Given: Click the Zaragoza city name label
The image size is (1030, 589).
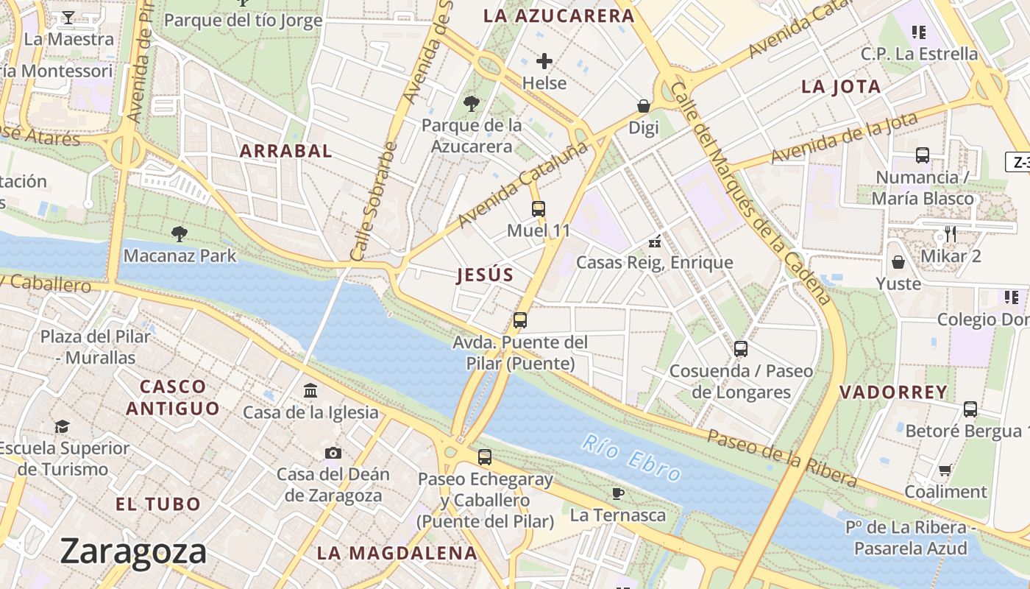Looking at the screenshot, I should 133,551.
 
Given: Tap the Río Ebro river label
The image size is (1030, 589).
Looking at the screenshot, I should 632,457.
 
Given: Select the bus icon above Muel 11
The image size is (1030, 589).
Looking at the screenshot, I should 539,209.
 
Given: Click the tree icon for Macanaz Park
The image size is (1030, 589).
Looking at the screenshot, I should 179,234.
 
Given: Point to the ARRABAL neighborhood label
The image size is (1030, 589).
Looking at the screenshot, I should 286,151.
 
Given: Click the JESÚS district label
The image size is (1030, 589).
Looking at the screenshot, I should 485,275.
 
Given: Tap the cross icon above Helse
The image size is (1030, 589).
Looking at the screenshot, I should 544,61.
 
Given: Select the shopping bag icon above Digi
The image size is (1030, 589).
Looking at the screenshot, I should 644,107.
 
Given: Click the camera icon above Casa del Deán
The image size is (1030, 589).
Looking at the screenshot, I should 333,453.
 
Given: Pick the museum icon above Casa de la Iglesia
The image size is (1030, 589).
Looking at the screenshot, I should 310,390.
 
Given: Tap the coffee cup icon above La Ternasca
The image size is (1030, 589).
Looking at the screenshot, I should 618,493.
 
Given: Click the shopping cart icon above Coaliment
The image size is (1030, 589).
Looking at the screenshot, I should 945,470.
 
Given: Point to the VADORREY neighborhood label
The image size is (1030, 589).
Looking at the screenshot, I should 893,392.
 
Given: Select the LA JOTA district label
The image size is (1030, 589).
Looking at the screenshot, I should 841,87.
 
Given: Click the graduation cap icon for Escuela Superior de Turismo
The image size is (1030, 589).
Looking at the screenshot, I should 63,426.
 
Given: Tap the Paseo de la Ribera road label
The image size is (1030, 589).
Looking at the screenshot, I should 782,459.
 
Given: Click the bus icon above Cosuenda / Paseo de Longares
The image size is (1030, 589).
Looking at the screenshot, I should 741,349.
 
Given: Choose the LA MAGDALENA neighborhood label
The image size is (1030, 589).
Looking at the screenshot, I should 397,553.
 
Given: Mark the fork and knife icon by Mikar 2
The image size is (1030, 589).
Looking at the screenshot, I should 951,234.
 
